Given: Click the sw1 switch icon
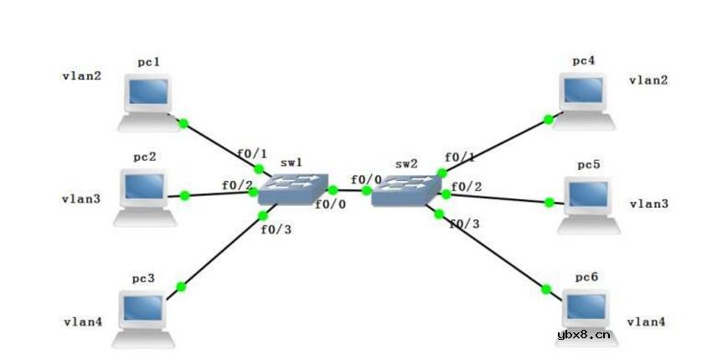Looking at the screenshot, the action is tap(293, 189).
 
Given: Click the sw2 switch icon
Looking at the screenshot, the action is tap(406, 190).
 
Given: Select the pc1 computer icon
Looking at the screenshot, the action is tap(148, 103).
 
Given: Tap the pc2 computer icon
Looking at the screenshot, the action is tap(144, 198).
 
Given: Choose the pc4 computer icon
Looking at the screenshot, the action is tap(584, 102).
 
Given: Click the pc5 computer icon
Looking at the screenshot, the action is tap(589, 205).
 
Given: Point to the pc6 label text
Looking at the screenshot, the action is tap(586, 277).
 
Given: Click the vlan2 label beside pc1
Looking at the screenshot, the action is tap(81, 75).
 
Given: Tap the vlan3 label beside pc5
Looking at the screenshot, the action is tap(649, 204).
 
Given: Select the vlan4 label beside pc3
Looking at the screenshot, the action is tap(83, 321).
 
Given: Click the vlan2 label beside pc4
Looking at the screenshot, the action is tap(648, 80).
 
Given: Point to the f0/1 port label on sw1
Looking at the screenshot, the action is tap(252, 154).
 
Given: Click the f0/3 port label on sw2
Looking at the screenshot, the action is tap(464, 224).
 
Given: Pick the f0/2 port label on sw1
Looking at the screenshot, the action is tap(237, 185).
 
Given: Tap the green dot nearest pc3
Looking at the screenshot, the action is tap(181, 286).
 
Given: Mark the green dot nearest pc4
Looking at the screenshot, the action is tap(549, 120).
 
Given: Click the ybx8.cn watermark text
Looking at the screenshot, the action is tap(584, 334).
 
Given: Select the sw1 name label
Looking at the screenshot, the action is tap(292, 162).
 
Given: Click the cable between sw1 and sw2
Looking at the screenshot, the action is tap(350, 191).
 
